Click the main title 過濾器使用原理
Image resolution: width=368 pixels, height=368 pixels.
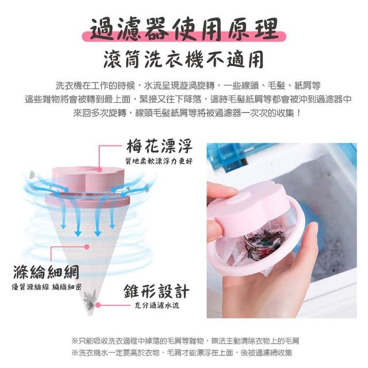[x=184, y=29]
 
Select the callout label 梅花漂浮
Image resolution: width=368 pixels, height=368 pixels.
[x=159, y=146]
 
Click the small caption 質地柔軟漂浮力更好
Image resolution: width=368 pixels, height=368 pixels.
[x=159, y=161]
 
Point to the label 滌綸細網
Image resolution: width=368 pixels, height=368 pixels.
[x=46, y=272]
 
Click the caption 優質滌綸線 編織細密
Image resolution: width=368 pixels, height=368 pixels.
[x=47, y=287]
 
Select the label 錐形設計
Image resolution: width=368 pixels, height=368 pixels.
[x=156, y=291]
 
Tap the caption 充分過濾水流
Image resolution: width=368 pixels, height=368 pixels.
[x=157, y=305]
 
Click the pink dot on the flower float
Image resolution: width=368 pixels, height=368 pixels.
[x=99, y=170]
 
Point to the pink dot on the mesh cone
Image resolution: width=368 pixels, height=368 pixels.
[x=87, y=247]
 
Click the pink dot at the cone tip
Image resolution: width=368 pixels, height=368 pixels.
[x=98, y=305]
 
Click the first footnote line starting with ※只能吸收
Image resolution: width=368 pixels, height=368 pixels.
[x=185, y=341]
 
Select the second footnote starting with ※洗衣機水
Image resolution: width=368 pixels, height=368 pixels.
[x=182, y=352]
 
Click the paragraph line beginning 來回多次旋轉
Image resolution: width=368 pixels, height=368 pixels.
[x=187, y=113]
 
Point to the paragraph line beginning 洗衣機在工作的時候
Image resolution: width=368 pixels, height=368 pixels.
[x=188, y=86]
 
